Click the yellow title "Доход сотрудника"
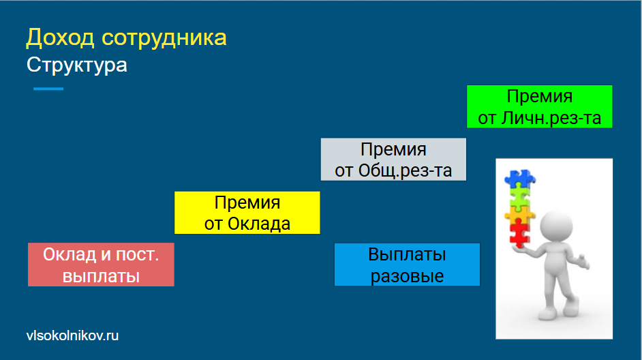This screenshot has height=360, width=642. tap(126, 37)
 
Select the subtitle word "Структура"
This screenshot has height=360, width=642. tap(76, 65)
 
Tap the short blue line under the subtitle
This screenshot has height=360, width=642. tap(48, 89)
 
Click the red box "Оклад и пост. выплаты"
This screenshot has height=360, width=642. tap(101, 265)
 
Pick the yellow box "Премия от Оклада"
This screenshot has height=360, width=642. tap(247, 213)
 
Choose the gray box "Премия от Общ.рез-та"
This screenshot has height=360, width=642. tap(393, 160)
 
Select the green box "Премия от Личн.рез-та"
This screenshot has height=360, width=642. tap(540, 106)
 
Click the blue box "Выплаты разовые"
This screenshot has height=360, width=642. tap(407, 265)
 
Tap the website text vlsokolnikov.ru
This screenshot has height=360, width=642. tap(72, 335)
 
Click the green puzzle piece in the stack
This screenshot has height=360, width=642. tap(519, 196)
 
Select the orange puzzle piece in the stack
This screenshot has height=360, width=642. tap(519, 214)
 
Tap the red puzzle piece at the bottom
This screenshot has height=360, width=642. tap(519, 233)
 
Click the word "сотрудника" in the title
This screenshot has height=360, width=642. tap(164, 37)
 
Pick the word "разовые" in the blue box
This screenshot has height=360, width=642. tap(407, 276)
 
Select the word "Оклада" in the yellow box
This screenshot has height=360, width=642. tap(259, 224)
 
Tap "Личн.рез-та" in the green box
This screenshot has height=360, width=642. tap(551, 118)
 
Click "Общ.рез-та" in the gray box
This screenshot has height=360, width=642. tap(405, 170)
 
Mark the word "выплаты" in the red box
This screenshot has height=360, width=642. tap(101, 276)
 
